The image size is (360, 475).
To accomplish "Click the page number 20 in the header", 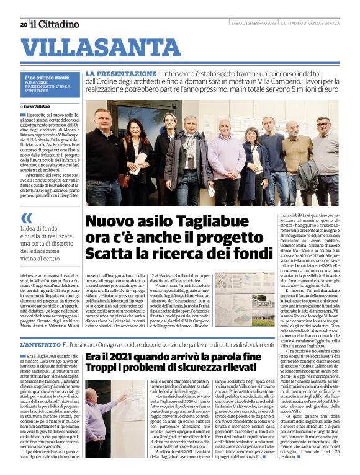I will pyautogui.click(x=24, y=24).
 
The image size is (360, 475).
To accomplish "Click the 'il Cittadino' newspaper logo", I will pyautogui.click(x=55, y=24).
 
